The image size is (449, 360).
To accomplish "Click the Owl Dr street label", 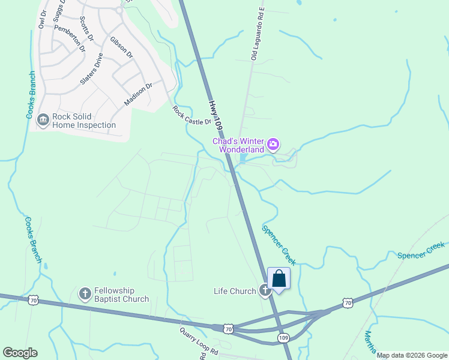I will [42, 19].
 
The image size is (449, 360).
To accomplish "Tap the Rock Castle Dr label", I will [192, 116].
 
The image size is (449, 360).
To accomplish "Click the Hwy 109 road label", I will [215, 113].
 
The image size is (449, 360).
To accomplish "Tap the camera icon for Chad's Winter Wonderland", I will [273, 143].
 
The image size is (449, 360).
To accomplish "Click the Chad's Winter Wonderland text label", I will [238, 145].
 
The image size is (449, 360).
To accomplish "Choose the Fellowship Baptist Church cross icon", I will [85, 294].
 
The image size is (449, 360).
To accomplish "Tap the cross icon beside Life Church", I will [265, 291].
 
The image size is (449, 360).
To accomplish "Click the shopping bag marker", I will [279, 279].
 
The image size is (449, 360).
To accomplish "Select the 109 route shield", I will [285, 338].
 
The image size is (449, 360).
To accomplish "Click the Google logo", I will [20, 353].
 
